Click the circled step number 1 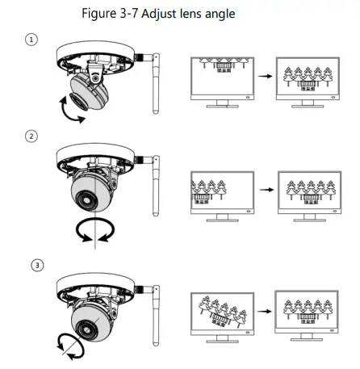pyautogui.click(x=31, y=40)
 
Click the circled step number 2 pyautogui.click(x=31, y=136)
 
